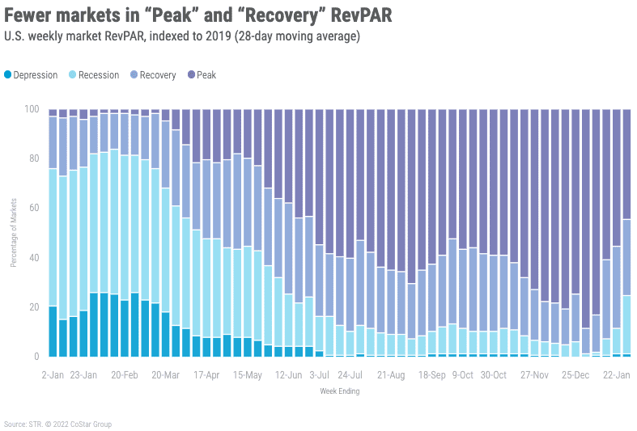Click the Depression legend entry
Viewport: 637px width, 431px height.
pos(31,75)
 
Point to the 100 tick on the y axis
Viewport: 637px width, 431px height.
pos(32,109)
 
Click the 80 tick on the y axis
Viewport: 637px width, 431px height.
pos(34,158)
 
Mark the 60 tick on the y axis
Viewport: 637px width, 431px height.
pos(34,209)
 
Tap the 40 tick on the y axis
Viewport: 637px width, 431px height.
pos(34,258)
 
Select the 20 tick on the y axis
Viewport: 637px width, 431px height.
pos(34,307)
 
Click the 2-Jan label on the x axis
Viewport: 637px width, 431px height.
pos(53,375)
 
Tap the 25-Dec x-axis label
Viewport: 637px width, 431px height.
pos(575,375)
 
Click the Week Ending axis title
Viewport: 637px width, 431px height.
pos(339,391)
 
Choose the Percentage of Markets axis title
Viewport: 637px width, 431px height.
pos(14,232)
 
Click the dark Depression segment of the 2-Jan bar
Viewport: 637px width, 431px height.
pos(53,332)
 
